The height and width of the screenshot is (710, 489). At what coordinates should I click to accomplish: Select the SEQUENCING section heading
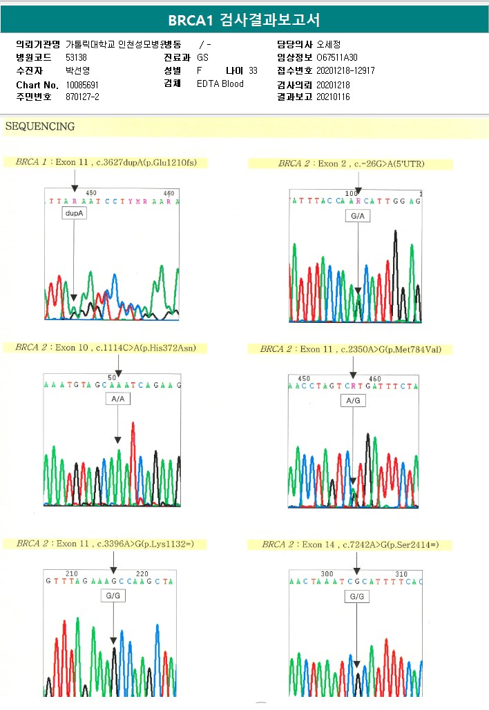(x=40, y=127)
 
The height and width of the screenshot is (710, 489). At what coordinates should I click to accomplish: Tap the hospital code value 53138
(x=77, y=57)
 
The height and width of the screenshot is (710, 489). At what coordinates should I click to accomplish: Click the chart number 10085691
(x=82, y=84)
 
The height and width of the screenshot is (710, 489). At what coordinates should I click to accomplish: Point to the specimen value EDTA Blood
(x=220, y=84)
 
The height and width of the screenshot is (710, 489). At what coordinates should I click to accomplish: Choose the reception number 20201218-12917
(x=345, y=71)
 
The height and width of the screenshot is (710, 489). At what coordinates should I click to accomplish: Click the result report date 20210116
(x=333, y=97)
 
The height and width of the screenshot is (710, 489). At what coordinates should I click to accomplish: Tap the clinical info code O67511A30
(x=337, y=57)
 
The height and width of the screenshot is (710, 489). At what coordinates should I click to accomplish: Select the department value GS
(x=202, y=57)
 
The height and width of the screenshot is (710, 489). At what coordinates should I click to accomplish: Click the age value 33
(x=253, y=71)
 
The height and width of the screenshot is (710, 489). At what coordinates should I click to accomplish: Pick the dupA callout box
(x=74, y=215)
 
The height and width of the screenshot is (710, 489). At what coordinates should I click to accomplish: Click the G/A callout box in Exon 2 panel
(x=358, y=217)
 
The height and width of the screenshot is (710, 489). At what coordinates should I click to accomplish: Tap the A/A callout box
(x=117, y=399)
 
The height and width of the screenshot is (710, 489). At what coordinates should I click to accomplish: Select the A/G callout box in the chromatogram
(x=353, y=401)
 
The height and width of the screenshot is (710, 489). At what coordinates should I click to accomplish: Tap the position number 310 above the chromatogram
(x=401, y=574)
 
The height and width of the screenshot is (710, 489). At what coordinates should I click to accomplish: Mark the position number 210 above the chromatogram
(x=72, y=574)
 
